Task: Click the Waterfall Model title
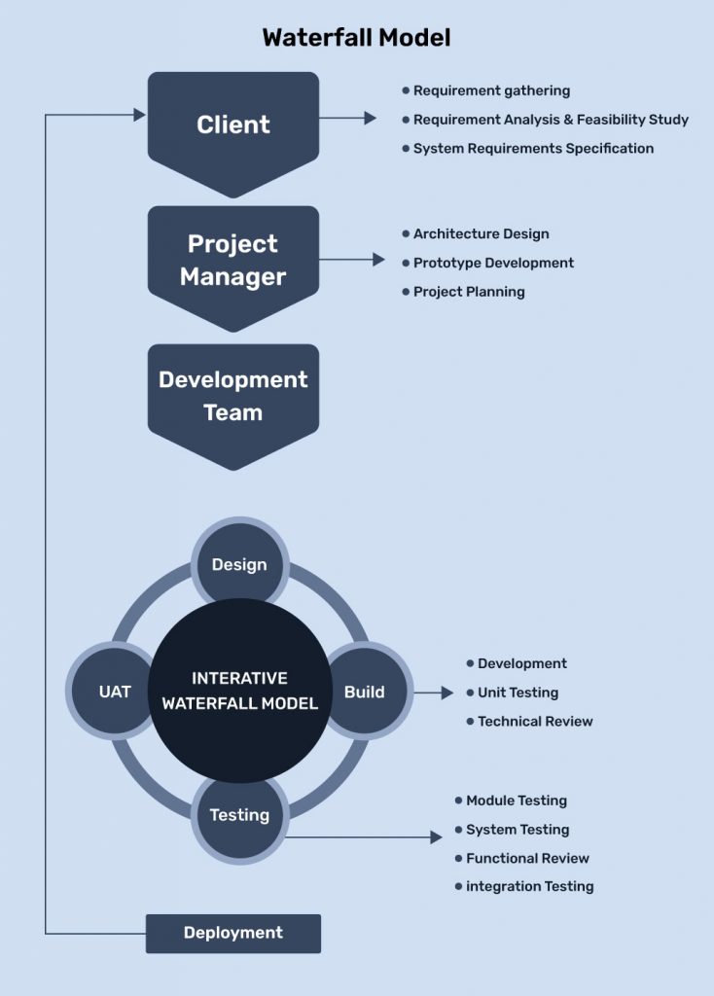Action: coord(356,38)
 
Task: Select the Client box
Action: coord(233,124)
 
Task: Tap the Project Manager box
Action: coord(233,260)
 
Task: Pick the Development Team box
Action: coord(233,396)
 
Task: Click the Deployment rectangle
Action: coord(233,933)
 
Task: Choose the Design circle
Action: coord(239,565)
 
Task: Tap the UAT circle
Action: coord(115,693)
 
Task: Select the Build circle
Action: coord(365,693)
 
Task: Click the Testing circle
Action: coord(239,815)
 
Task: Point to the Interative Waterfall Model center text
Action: coord(239,691)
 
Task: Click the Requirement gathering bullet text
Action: coord(491,90)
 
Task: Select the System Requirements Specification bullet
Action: coord(533,149)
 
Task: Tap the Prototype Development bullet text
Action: coord(493,263)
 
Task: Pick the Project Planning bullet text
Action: coord(469,292)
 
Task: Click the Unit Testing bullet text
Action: coord(518,693)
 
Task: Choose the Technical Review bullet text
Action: coord(535,722)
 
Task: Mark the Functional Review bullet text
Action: coord(527,858)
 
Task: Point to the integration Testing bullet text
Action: coord(529,886)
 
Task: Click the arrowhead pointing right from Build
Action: coord(447,693)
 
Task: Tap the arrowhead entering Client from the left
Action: coord(139,115)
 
